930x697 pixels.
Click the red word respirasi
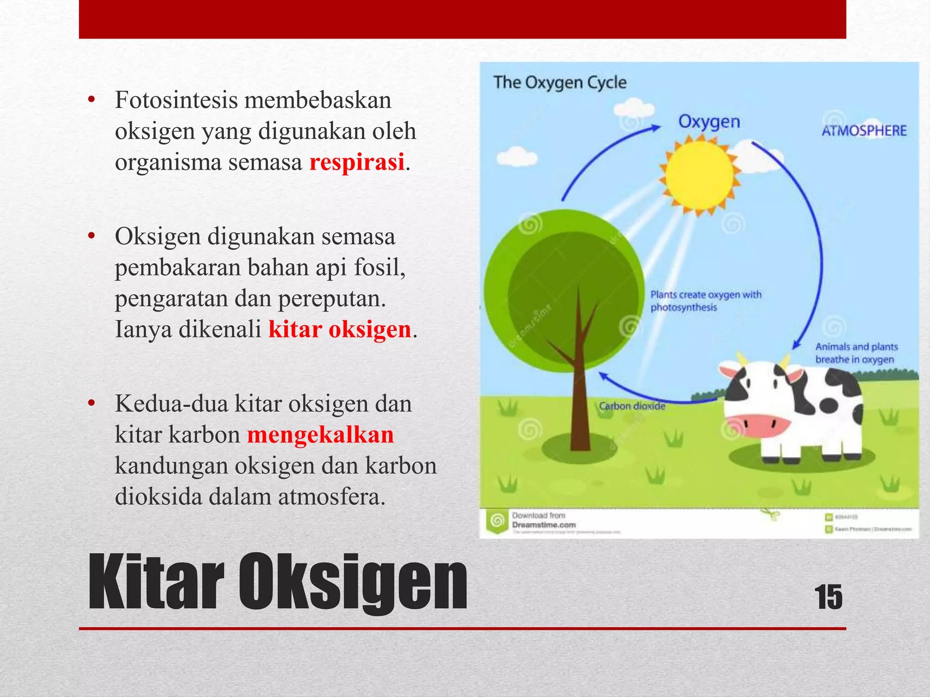(357, 162)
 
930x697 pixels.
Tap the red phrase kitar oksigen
(340, 329)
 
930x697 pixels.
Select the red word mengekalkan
(321, 435)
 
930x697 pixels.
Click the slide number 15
(828, 597)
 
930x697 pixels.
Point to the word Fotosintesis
(176, 100)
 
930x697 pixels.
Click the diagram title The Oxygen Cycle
(560, 83)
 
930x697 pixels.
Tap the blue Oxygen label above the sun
(709, 122)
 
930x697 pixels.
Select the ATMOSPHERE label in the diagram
(864, 131)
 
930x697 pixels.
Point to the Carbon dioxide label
(632, 406)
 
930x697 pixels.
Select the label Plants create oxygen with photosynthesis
(705, 301)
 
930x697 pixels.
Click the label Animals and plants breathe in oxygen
(856, 353)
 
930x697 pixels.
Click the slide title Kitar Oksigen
(278, 583)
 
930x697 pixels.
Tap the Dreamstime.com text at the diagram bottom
(544, 525)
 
